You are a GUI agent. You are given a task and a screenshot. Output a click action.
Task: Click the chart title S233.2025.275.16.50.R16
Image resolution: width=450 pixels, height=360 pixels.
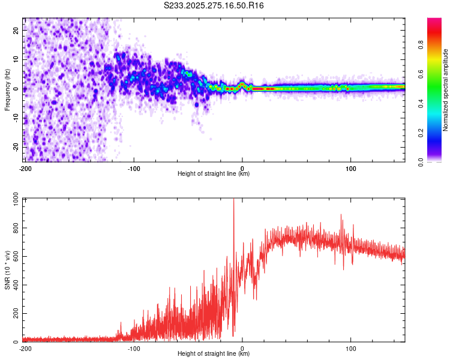pyautogui.click(x=214, y=5)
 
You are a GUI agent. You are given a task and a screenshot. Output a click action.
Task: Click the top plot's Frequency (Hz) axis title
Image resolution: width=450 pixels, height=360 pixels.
pyautogui.click(x=8, y=89)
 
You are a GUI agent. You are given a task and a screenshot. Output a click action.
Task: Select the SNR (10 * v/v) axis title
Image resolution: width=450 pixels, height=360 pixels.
pyautogui.click(x=8, y=270)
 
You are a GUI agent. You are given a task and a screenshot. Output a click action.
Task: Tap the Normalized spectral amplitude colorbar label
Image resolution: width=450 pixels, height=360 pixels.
pyautogui.click(x=446, y=90)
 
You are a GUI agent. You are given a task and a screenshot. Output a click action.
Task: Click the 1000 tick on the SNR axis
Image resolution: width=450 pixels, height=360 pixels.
pyautogui.click(x=13, y=200)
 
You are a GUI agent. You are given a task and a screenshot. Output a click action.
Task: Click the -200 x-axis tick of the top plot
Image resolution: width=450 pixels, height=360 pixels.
pyautogui.click(x=25, y=168)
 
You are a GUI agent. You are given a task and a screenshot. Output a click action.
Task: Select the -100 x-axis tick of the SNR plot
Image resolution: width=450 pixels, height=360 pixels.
pyautogui.click(x=133, y=348)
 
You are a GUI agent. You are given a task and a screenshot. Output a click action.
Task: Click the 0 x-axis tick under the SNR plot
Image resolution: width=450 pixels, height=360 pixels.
pyautogui.click(x=242, y=348)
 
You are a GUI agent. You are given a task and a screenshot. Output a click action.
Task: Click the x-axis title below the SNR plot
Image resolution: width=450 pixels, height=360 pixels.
pyautogui.click(x=214, y=354)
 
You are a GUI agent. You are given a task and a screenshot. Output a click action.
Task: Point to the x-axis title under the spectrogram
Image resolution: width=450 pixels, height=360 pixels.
pyautogui.click(x=214, y=174)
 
